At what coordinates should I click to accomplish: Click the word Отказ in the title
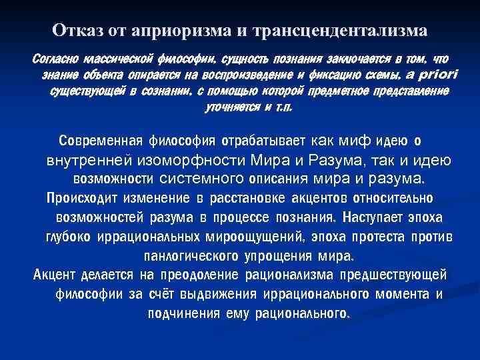75,31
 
